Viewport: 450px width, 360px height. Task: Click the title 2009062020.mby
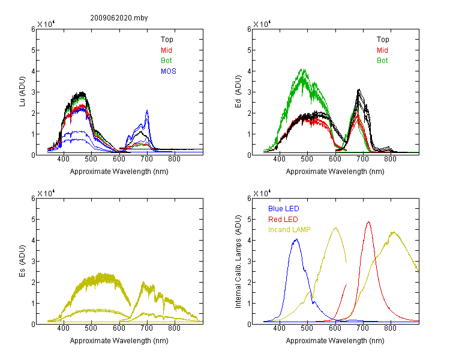(x=119, y=18)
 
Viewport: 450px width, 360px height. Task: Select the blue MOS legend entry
(x=169, y=71)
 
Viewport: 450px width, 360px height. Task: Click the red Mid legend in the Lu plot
(x=166, y=50)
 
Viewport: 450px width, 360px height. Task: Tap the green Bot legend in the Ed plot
(x=382, y=61)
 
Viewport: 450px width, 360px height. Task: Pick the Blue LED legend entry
(x=284, y=209)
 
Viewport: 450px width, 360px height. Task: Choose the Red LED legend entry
(x=283, y=220)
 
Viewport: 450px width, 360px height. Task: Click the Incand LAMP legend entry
(x=289, y=230)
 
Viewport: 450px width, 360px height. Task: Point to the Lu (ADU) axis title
(x=22, y=92)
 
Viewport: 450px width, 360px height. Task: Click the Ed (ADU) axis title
(x=238, y=92)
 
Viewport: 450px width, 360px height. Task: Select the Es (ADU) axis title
(x=22, y=261)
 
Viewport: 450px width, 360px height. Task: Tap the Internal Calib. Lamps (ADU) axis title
(x=238, y=262)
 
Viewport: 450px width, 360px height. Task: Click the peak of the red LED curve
(x=368, y=221)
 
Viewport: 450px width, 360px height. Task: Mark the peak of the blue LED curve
(x=296, y=239)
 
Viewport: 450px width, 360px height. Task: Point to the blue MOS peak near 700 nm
(x=147, y=110)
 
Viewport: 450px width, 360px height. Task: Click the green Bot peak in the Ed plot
(x=302, y=69)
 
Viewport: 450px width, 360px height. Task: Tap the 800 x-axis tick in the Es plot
(x=174, y=328)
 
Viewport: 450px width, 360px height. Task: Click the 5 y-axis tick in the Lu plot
(x=33, y=50)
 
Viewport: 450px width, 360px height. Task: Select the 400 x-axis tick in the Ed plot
(x=279, y=159)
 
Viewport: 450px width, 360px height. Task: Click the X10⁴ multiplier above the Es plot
(x=46, y=193)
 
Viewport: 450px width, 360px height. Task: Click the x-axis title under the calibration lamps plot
(x=335, y=341)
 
